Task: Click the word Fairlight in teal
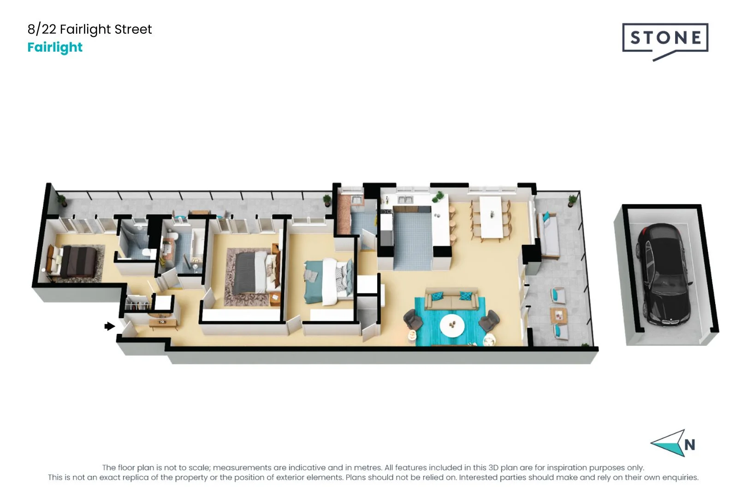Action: tap(55, 47)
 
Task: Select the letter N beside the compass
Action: tap(690, 445)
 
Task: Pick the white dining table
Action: tap(491, 216)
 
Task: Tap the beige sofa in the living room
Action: tap(451, 299)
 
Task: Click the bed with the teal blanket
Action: tap(328, 282)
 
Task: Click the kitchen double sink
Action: tap(405, 200)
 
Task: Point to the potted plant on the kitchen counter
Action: tap(438, 197)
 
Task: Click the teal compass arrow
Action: tap(669, 443)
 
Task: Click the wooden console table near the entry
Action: tap(163, 323)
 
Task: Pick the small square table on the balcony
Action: tap(558, 315)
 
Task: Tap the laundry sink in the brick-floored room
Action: tap(356, 200)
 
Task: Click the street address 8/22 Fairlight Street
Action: tap(89, 30)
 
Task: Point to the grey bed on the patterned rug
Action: tap(255, 272)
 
